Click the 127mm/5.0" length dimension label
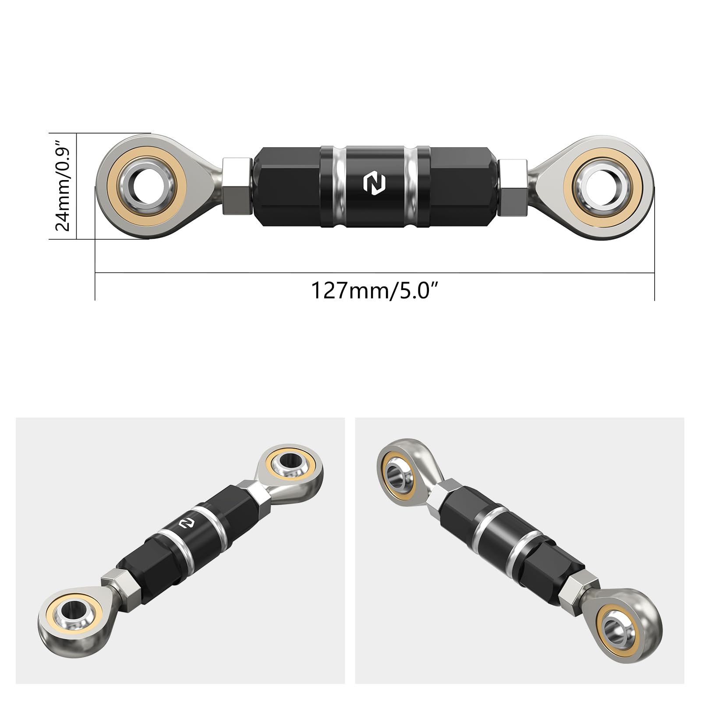(x=375, y=290)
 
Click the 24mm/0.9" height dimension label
(x=63, y=186)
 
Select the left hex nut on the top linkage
(x=237, y=186)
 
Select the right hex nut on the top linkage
(x=513, y=186)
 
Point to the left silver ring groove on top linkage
(x=337, y=186)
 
